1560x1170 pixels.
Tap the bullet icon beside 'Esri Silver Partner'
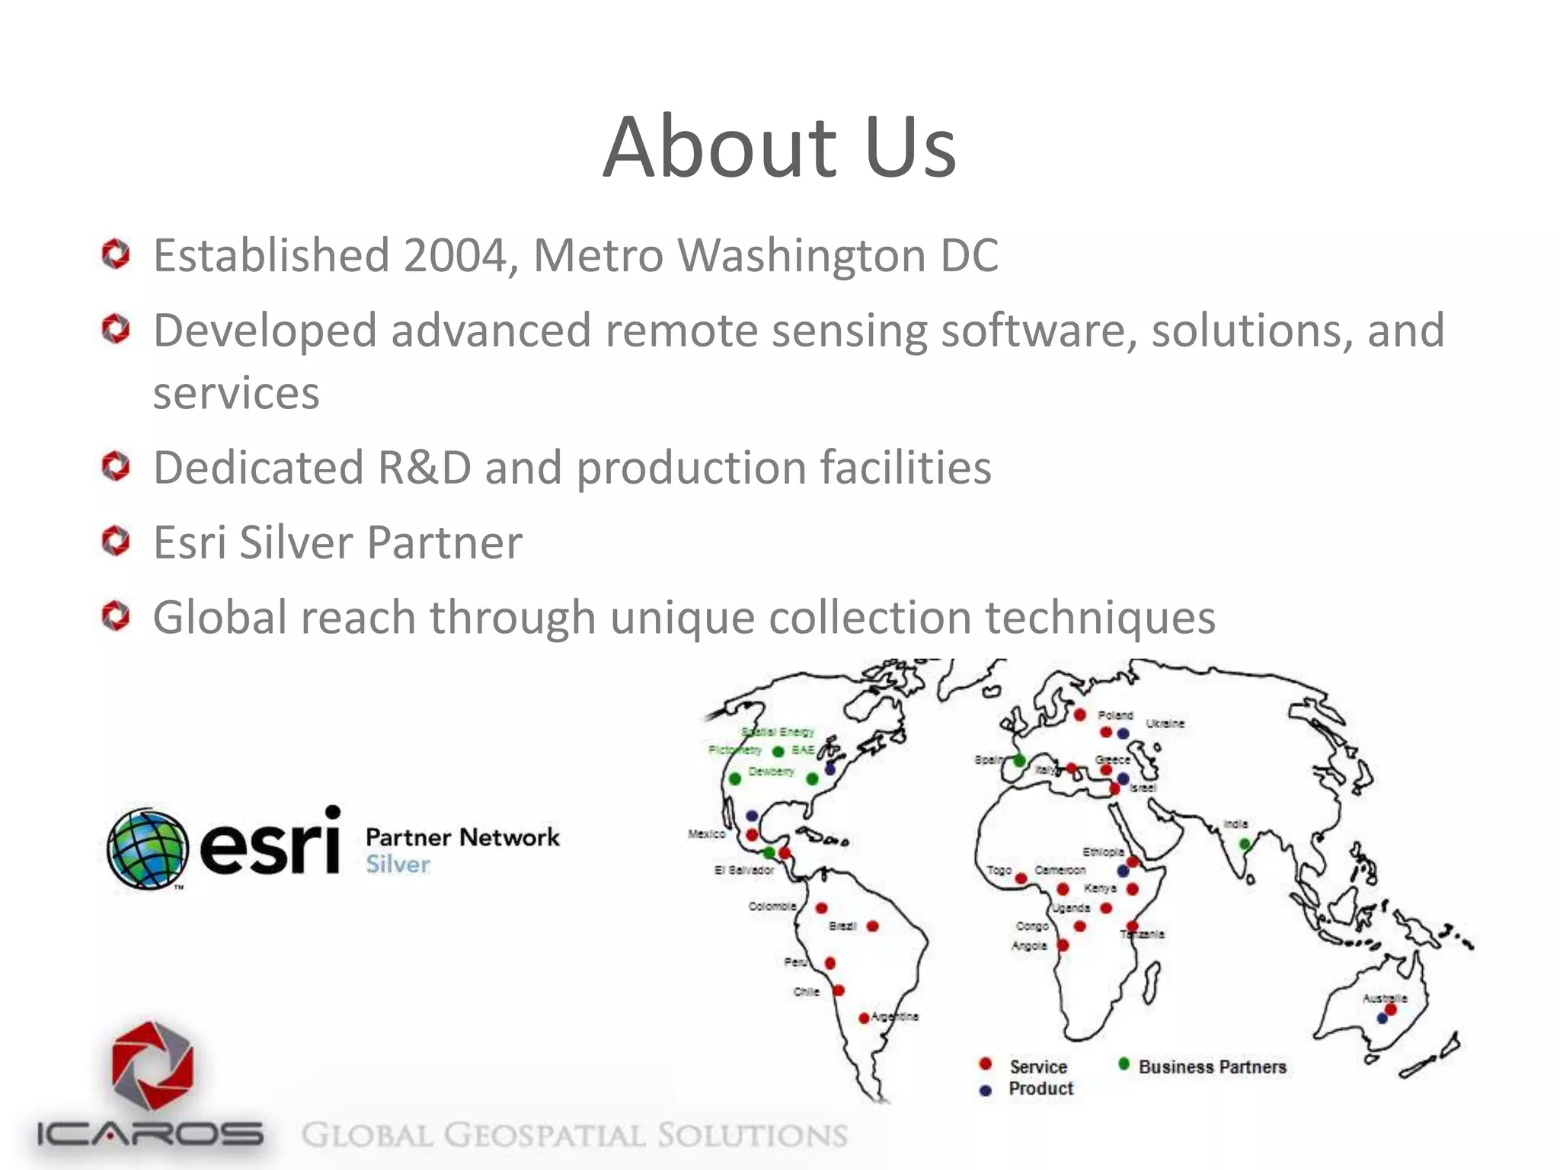pyautogui.click(x=116, y=542)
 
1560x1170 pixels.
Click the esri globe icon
pyautogui.click(x=148, y=849)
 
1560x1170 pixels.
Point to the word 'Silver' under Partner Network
pyautogui.click(x=398, y=865)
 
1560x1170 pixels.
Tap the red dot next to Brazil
pyautogui.click(x=873, y=926)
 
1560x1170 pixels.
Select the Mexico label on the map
pyautogui.click(x=707, y=834)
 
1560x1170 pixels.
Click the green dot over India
pyautogui.click(x=1245, y=844)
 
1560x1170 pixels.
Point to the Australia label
pyautogui.click(x=1385, y=999)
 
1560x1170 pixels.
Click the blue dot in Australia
pyautogui.click(x=1383, y=1018)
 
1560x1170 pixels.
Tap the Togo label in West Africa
pyautogui.click(x=999, y=870)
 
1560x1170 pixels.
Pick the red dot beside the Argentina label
pyautogui.click(x=864, y=1018)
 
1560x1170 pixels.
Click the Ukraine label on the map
pyautogui.click(x=1165, y=724)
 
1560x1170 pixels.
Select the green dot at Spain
pyautogui.click(x=1019, y=761)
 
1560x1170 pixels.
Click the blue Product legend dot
pyautogui.click(x=986, y=1091)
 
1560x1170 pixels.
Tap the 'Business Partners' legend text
pyautogui.click(x=1212, y=1067)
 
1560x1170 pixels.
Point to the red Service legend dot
pyautogui.click(x=986, y=1064)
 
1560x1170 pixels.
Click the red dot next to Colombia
pyautogui.click(x=822, y=908)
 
